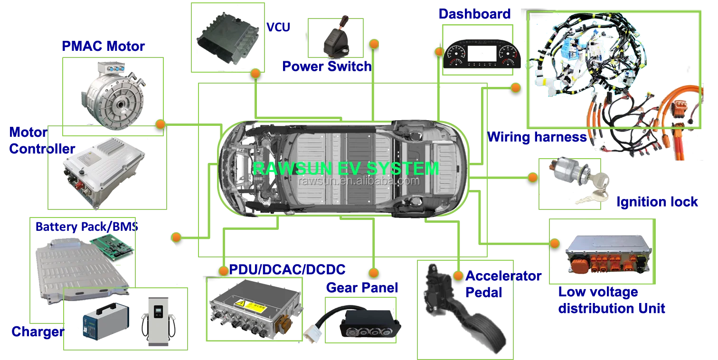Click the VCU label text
tap(279, 27)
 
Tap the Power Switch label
tap(326, 66)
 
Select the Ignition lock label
tap(657, 202)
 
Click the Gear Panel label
tap(362, 287)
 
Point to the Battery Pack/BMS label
tap(86, 227)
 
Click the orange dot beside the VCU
tap(255, 74)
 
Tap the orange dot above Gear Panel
tap(374, 273)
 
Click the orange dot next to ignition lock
tap(533, 178)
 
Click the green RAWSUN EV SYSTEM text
tap(346, 169)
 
